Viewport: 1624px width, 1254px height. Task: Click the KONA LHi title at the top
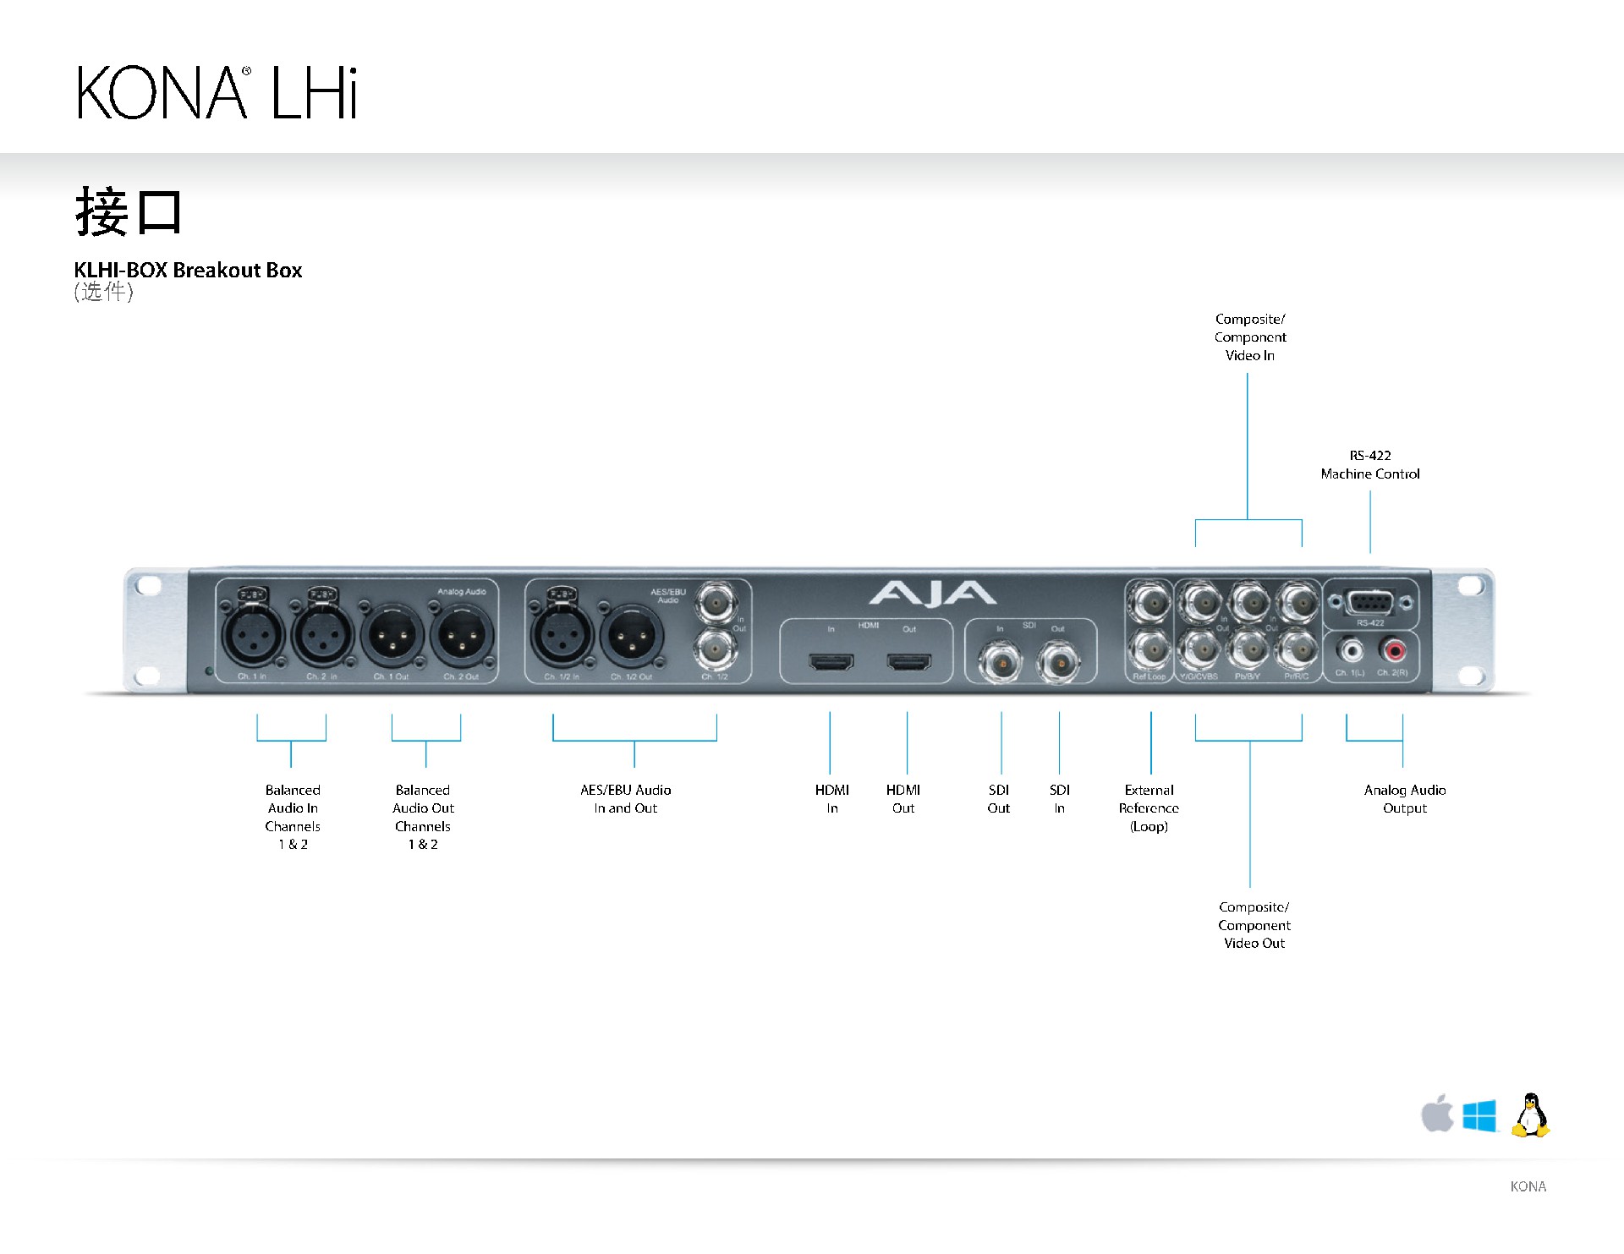click(217, 92)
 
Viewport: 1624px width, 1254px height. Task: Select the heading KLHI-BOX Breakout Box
click(188, 270)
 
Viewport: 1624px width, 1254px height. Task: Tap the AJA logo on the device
click(932, 594)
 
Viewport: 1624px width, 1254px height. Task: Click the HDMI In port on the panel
click(831, 661)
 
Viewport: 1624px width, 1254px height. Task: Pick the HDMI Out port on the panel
click(908, 661)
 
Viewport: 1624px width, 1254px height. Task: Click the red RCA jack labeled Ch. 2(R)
click(1392, 650)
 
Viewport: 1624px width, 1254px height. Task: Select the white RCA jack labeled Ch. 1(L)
click(1350, 650)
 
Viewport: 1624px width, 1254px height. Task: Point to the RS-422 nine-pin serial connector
click(1370, 603)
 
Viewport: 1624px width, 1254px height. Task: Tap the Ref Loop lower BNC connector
click(1149, 649)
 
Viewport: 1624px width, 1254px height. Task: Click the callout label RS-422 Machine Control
click(1370, 465)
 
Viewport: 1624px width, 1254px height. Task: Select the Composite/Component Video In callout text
click(1250, 337)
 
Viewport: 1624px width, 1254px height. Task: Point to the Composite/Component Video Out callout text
click(1254, 925)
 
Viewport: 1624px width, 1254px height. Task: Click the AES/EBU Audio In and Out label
click(626, 799)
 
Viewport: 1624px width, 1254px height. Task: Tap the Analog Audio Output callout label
click(1405, 799)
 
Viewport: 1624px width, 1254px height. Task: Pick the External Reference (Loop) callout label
click(1149, 808)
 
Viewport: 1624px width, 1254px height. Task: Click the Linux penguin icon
click(1531, 1114)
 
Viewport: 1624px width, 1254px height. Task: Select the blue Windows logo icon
click(1479, 1115)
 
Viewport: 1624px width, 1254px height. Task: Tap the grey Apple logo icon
click(1437, 1114)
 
